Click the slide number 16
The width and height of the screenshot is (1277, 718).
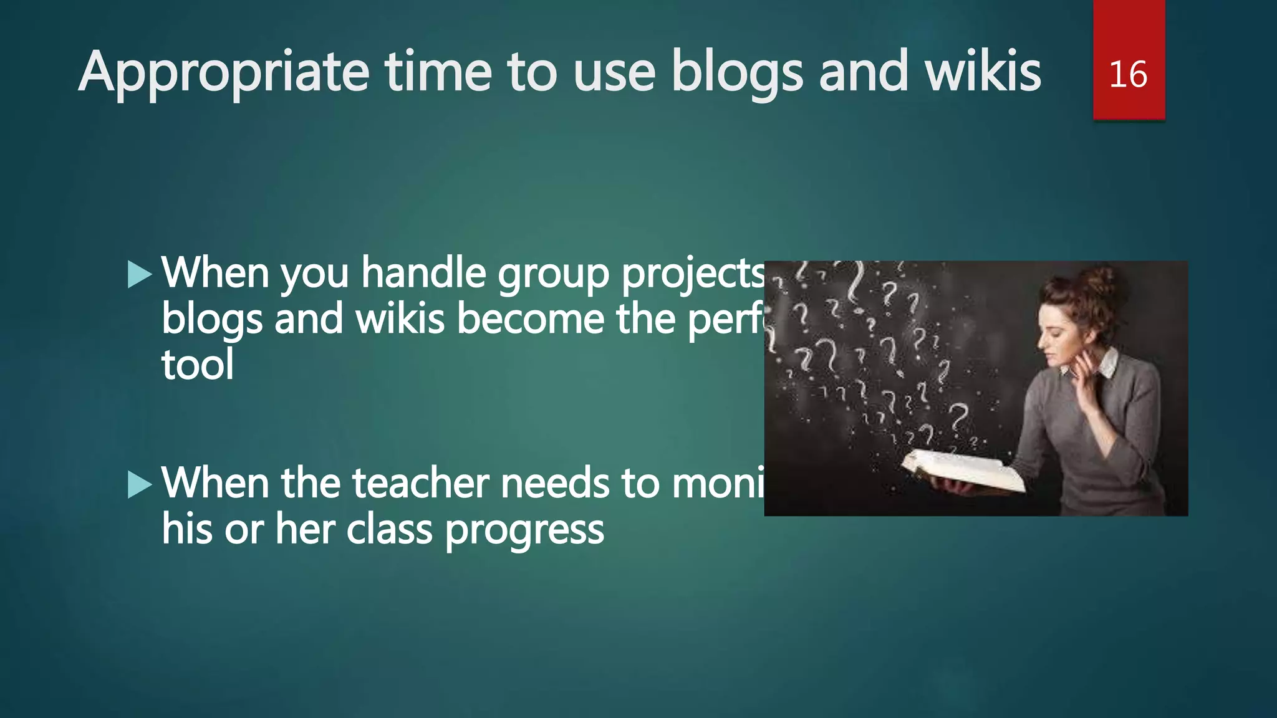1128,75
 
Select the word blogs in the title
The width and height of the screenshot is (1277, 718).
737,74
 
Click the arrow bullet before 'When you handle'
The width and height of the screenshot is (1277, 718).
140,275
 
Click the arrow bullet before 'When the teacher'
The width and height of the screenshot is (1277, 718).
140,485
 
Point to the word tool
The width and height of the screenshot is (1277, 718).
198,365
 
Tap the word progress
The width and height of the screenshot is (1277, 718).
524,530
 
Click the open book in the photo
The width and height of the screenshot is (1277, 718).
963,471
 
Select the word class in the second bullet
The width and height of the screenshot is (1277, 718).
389,530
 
